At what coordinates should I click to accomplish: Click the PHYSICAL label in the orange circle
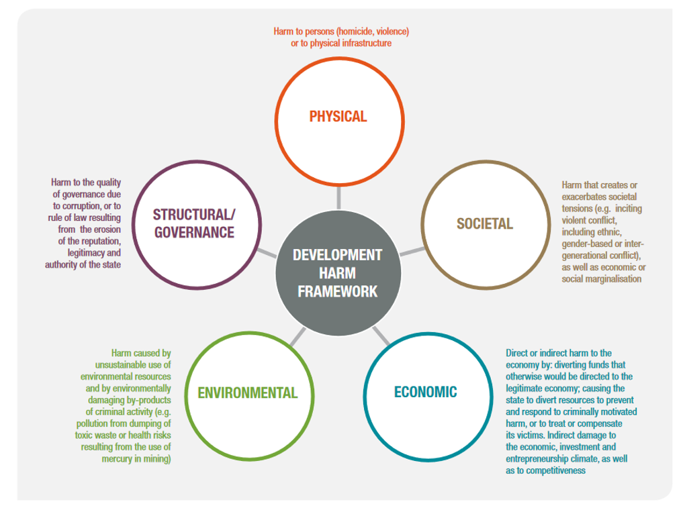click(x=338, y=116)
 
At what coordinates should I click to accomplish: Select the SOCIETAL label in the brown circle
click(x=484, y=223)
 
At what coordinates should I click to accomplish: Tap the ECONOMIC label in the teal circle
click(x=425, y=391)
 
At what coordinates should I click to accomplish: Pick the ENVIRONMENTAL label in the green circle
click(x=247, y=393)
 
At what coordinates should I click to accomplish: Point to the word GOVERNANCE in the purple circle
click(x=193, y=232)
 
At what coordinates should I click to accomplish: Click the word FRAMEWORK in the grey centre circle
click(x=337, y=291)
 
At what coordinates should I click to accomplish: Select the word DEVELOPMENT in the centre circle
click(x=337, y=256)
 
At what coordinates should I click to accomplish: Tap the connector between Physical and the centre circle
click(x=338, y=197)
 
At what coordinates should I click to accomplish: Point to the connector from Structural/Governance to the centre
click(x=267, y=252)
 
